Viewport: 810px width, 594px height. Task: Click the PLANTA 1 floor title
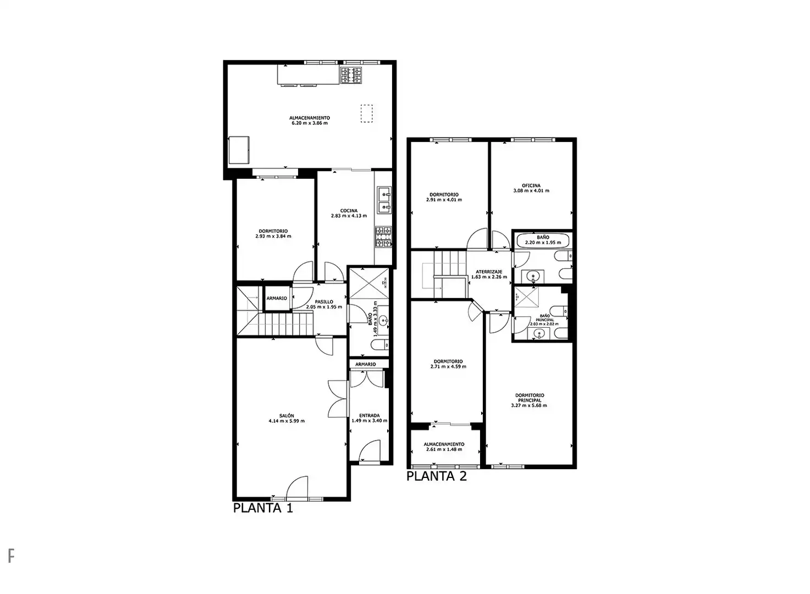click(263, 508)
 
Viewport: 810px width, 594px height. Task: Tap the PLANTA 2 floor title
click(437, 476)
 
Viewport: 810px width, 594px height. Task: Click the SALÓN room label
click(286, 416)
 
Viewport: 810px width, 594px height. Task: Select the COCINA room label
click(349, 211)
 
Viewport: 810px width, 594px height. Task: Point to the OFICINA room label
click(531, 185)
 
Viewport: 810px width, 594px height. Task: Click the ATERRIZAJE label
click(489, 272)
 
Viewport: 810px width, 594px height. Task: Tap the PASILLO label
click(324, 302)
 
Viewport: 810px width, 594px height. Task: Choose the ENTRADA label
click(369, 416)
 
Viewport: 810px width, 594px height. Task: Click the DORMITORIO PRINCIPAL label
click(530, 398)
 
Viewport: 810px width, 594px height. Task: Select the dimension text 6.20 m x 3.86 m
click(310, 123)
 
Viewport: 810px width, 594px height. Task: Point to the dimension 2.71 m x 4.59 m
click(448, 366)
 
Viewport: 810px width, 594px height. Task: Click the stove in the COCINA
click(383, 237)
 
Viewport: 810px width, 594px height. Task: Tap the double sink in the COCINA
click(384, 200)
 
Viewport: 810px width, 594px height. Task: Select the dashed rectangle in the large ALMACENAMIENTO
click(366, 114)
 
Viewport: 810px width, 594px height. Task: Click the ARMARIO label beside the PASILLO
click(277, 299)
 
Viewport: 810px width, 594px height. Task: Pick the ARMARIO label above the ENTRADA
click(365, 364)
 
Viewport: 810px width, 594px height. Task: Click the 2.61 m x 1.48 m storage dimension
click(444, 449)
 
